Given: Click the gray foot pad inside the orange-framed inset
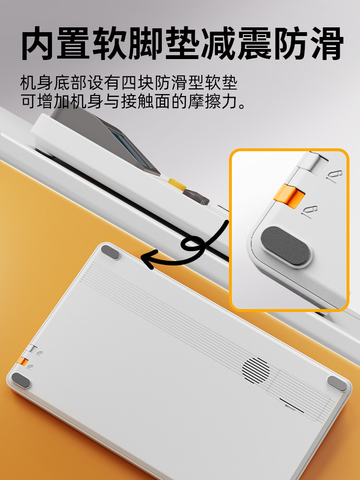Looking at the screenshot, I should [286, 247].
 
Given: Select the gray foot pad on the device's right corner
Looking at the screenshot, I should [337, 383].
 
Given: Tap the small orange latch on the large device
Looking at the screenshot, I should [22, 360].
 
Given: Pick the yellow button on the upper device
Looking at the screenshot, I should [177, 184].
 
